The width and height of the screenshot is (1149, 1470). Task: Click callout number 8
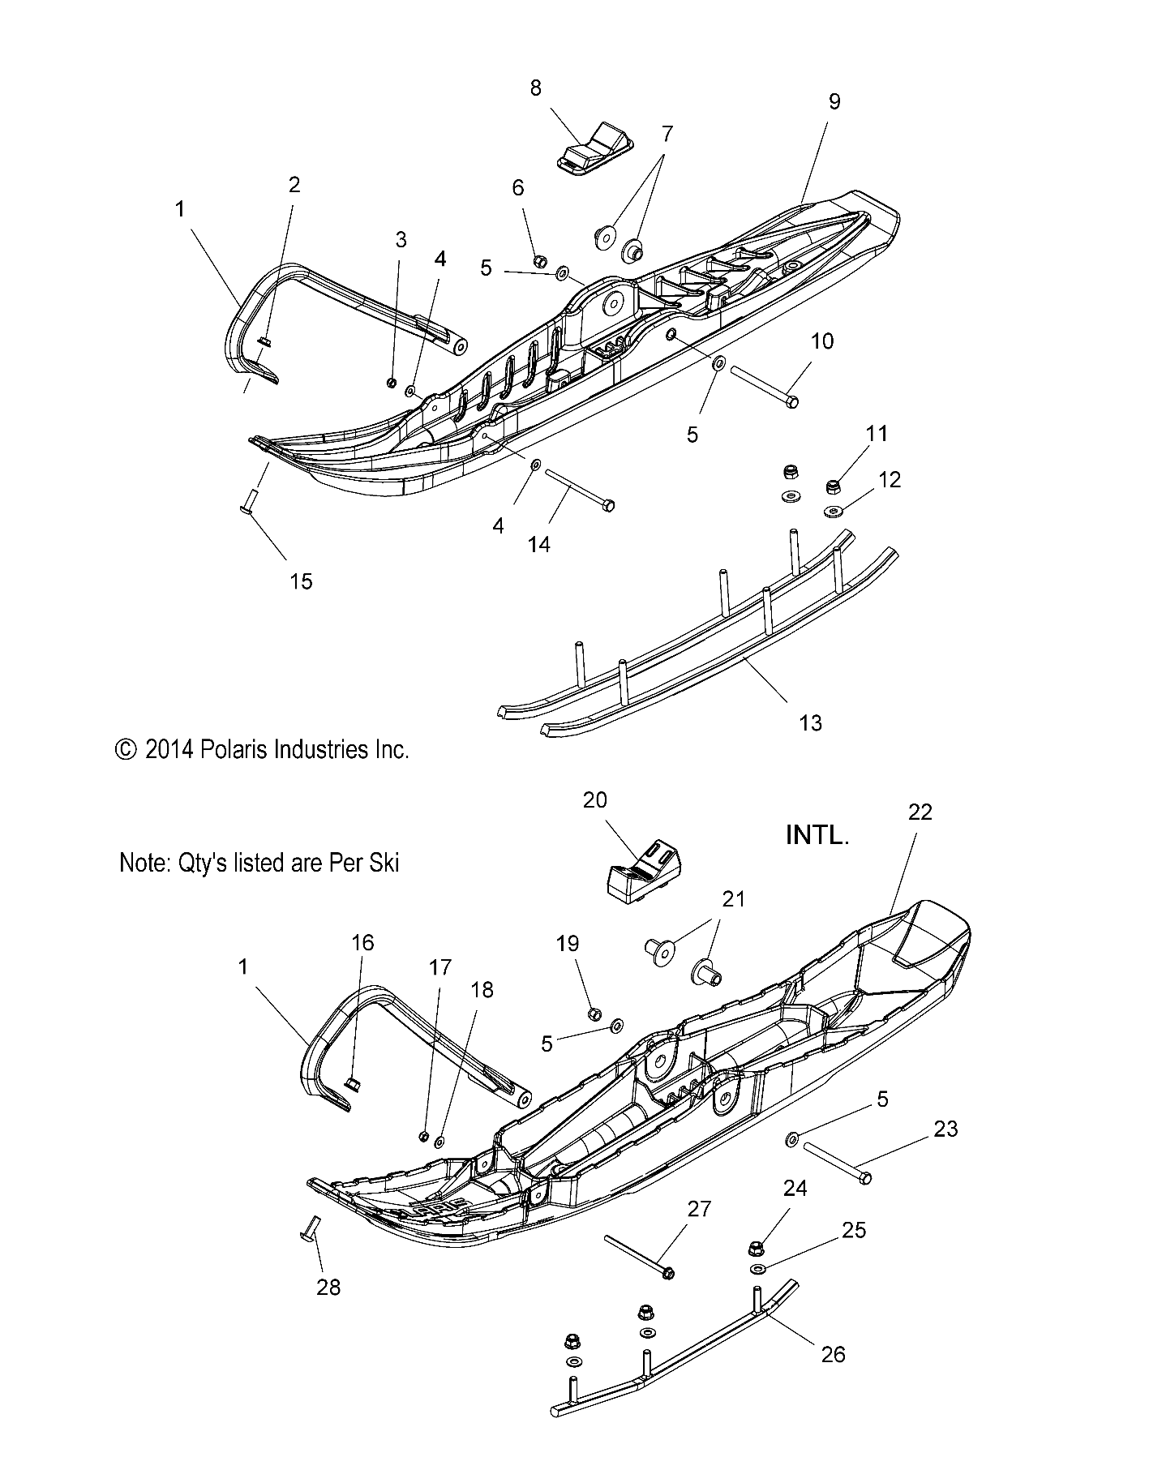tap(535, 88)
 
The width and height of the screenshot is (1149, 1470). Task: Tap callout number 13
tap(810, 722)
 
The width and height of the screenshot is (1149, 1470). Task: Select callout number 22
tap(920, 812)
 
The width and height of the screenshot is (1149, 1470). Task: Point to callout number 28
tap(328, 1287)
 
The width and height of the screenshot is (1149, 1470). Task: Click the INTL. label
tap(817, 836)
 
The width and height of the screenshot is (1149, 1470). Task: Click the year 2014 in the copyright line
tap(169, 750)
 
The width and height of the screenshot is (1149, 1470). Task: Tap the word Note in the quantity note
tap(145, 863)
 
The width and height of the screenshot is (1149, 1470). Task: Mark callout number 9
tap(834, 101)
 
